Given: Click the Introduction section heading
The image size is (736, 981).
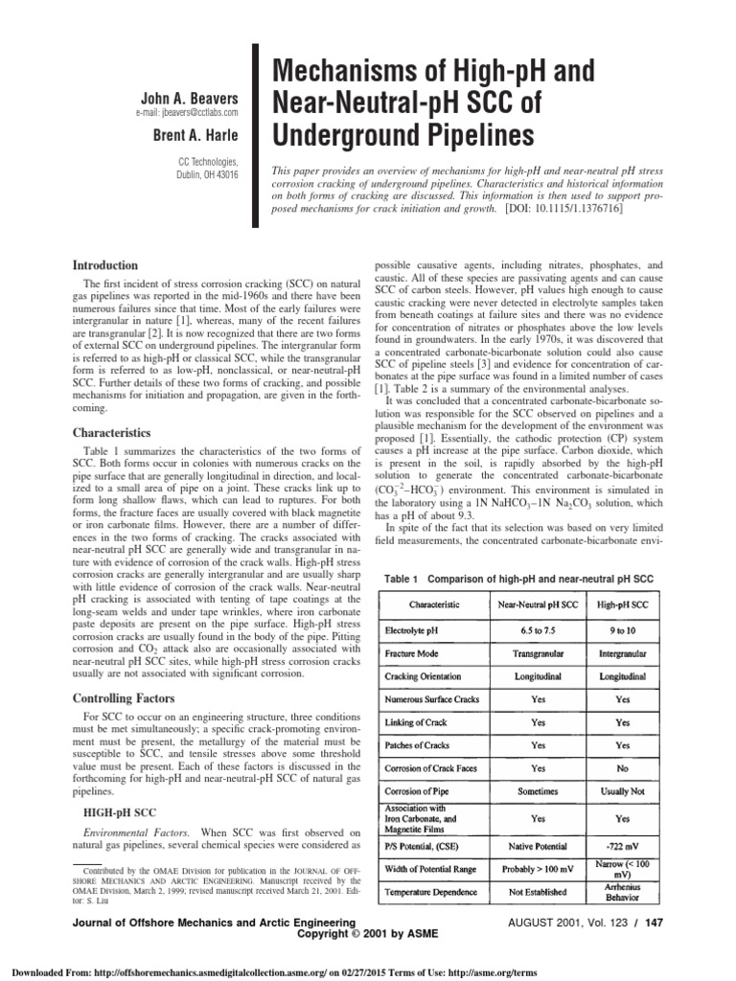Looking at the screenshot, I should (x=113, y=263).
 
